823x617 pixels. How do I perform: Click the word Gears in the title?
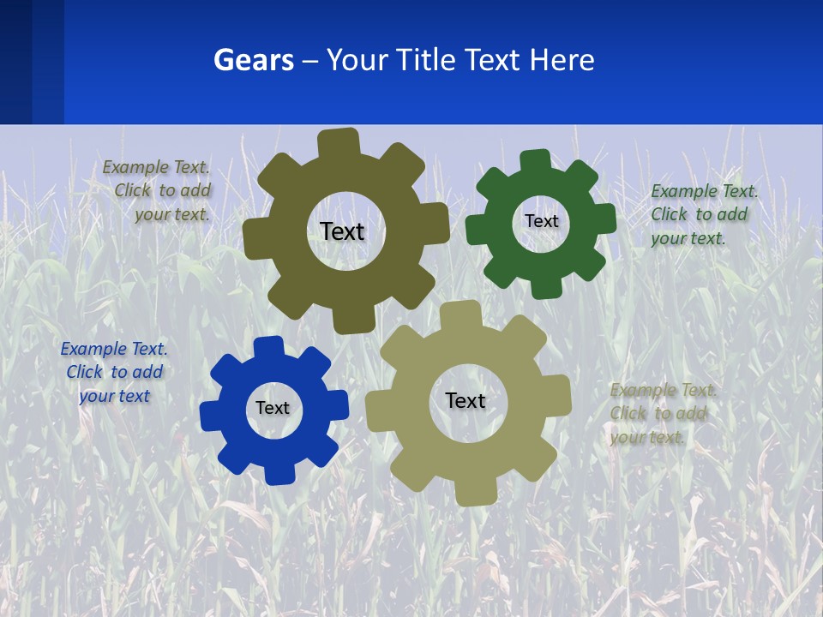253,60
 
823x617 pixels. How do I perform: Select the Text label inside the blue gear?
273,409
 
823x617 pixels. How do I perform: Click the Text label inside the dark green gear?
541,221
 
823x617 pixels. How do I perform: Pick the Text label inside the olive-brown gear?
342,231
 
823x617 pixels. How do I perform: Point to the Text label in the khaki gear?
466,401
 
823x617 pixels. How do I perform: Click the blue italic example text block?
113,373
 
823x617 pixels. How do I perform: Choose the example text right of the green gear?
703,214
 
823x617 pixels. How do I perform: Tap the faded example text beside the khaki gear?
661,414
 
